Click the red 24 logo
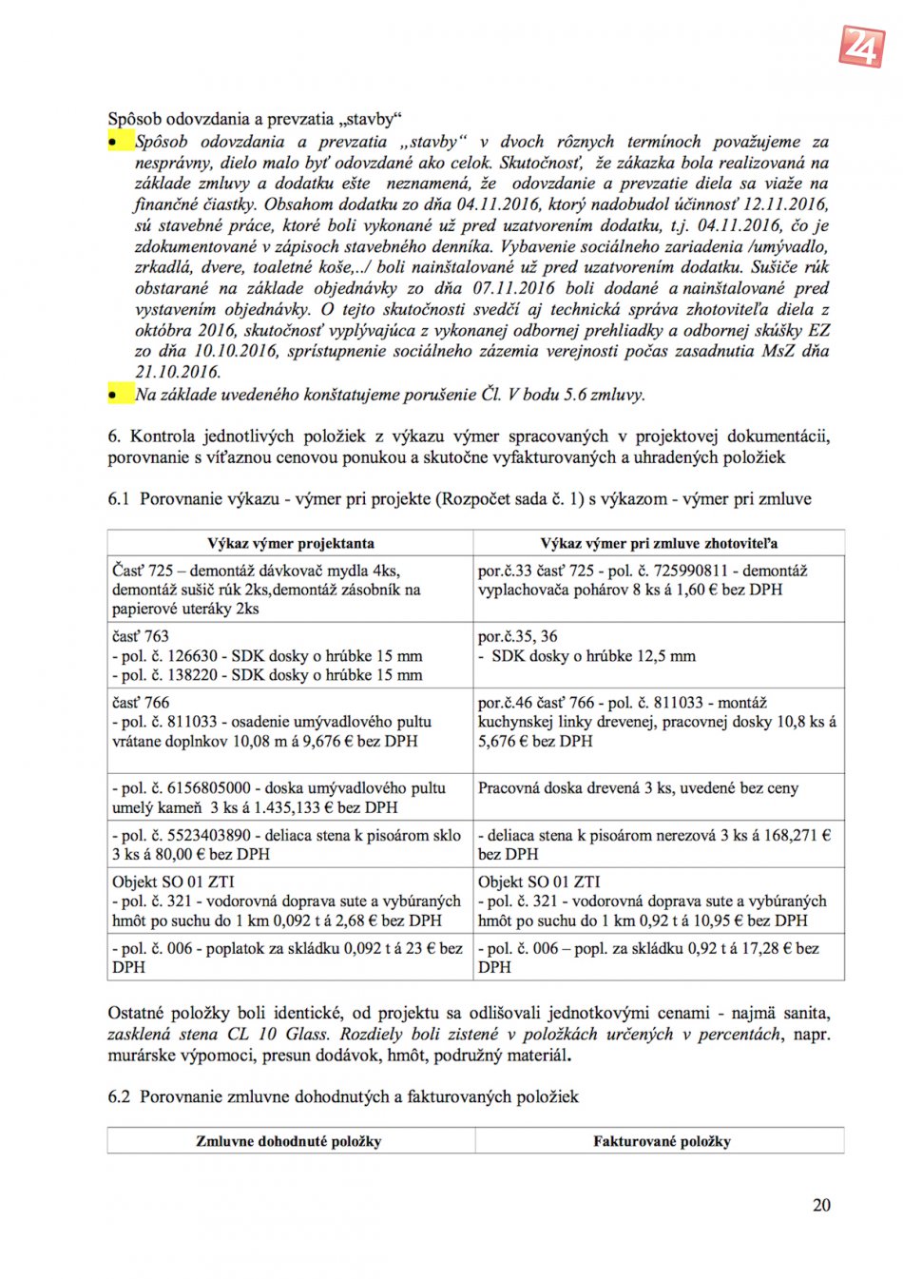tap(861, 45)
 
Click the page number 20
tap(821, 1205)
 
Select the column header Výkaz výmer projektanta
tap(290, 543)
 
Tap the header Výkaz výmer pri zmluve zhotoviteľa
tap(659, 543)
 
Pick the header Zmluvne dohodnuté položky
tap(289, 1140)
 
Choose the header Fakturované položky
tap(662, 1140)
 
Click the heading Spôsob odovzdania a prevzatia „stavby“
tap(255, 119)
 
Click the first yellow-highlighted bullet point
tap(115, 142)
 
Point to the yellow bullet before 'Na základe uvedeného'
tap(115, 394)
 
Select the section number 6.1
tap(119, 498)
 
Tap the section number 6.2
tap(119, 1096)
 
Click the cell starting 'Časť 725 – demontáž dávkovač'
tap(290, 590)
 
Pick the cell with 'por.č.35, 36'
tap(659, 655)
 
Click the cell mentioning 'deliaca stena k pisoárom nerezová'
tap(659, 844)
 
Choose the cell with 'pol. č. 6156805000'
tap(290, 797)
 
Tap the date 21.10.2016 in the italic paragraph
tap(178, 372)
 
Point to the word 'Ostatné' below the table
tap(136, 1013)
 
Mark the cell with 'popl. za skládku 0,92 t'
tap(659, 957)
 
